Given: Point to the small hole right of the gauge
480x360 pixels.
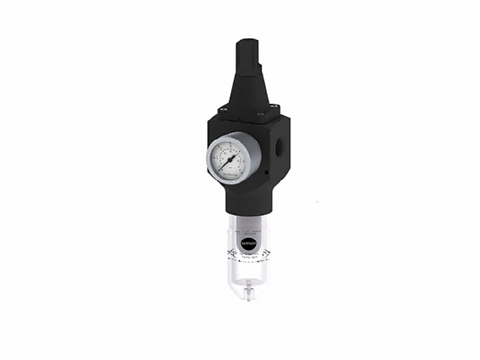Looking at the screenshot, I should pyautogui.click(x=265, y=172).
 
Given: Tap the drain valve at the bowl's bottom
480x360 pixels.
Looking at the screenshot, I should pyautogui.click(x=248, y=292).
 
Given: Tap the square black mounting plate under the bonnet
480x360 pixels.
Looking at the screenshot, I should pyautogui.click(x=247, y=113).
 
